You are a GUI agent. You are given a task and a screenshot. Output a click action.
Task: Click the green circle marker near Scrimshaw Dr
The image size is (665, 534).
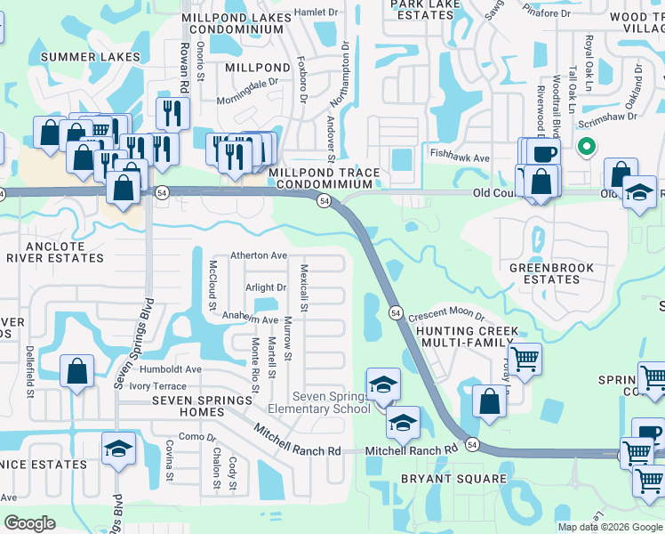pyautogui.click(x=586, y=147)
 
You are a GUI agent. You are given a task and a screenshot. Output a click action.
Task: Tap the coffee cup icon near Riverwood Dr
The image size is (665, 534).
pyautogui.click(x=544, y=153)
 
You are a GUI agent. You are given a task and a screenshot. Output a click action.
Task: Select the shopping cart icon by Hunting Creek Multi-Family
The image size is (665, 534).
pyautogui.click(x=525, y=359)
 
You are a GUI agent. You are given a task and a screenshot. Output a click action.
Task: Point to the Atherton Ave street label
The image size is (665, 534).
pyautogui.click(x=259, y=255)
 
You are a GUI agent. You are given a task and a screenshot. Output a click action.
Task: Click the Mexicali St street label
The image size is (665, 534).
pyautogui.click(x=304, y=288)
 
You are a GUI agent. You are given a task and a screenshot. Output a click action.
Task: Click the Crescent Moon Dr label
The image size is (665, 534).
pyautogui.click(x=446, y=316)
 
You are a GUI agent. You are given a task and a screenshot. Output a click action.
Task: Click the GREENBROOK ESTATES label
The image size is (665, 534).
pyautogui.click(x=544, y=273)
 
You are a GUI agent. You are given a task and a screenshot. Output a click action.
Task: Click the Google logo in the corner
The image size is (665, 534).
pyautogui.click(x=30, y=522)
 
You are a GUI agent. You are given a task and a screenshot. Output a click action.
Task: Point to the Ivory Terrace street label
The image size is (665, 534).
pyautogui.click(x=157, y=386)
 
